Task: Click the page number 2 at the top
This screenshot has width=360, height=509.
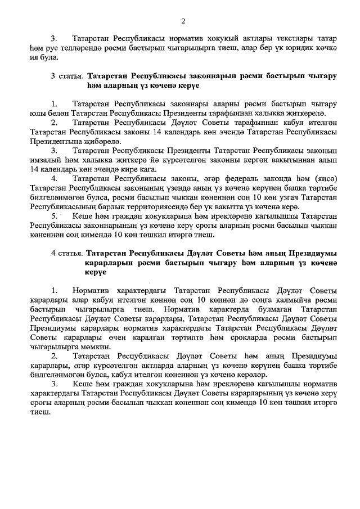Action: click(183, 21)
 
